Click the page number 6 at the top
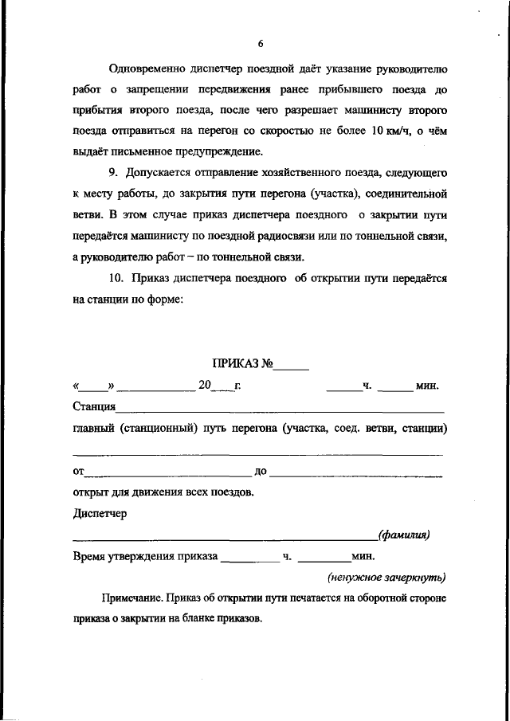[260, 45]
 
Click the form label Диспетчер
[100, 513]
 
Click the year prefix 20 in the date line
[205, 386]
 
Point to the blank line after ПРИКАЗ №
[292, 367]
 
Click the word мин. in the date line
[427, 386]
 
